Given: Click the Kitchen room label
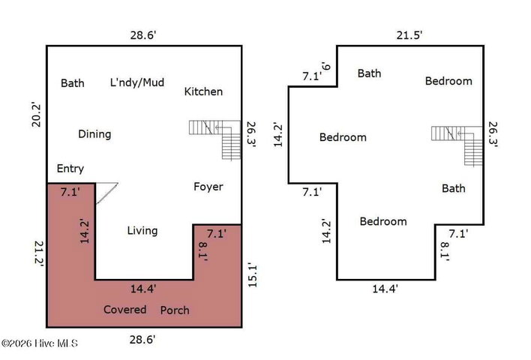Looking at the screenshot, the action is (203, 91).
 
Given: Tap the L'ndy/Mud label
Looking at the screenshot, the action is (137, 82).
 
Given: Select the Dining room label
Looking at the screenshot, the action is (94, 134).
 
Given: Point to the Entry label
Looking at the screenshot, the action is (70, 169).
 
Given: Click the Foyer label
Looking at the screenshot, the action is (208, 187).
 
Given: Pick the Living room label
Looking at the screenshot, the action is (142, 231).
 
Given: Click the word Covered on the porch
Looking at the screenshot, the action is (125, 310).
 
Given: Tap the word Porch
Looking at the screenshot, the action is (175, 310).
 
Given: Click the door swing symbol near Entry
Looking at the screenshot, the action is (106, 193).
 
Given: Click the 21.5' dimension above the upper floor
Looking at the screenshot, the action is (409, 35).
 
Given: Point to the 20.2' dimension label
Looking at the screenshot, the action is (36, 114).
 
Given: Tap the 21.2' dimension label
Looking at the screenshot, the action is (39, 253).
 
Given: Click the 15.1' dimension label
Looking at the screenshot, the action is (253, 275).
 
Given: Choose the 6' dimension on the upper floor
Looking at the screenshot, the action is (325, 66).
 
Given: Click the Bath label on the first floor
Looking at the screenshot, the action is (73, 83).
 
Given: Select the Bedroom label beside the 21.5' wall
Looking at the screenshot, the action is (448, 81).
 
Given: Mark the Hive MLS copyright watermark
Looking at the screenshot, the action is (40, 343).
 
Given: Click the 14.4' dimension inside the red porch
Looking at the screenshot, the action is (143, 289).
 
